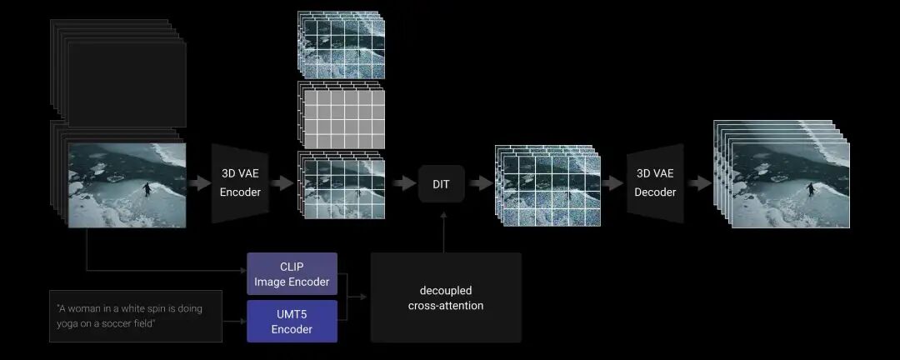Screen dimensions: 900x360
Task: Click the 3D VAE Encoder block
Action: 240,183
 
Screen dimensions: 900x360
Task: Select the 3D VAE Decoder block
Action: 655,183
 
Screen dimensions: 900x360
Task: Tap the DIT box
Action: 441,184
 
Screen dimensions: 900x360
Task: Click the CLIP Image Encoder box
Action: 292,273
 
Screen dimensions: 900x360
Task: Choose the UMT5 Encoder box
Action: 292,321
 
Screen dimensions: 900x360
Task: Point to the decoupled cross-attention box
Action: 446,297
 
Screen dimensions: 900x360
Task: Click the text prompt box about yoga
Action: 136,316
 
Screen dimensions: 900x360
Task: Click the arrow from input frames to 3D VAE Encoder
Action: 199,183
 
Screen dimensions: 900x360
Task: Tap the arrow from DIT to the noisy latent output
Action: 480,183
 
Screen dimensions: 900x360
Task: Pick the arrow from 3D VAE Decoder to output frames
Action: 699,183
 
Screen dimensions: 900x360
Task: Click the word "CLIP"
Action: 292,267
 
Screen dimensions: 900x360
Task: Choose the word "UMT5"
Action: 292,314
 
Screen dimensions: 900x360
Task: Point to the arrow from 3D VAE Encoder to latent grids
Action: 282,183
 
